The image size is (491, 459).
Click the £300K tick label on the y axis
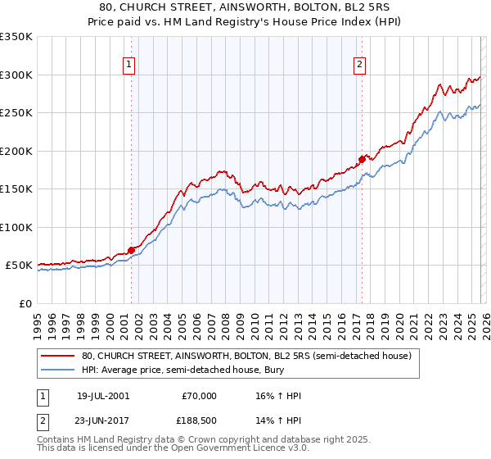point(16,75)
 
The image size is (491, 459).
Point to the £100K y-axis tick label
point(16,227)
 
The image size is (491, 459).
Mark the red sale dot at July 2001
point(131,250)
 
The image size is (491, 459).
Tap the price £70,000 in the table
point(200,396)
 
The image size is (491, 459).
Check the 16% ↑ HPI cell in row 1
point(278,396)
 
